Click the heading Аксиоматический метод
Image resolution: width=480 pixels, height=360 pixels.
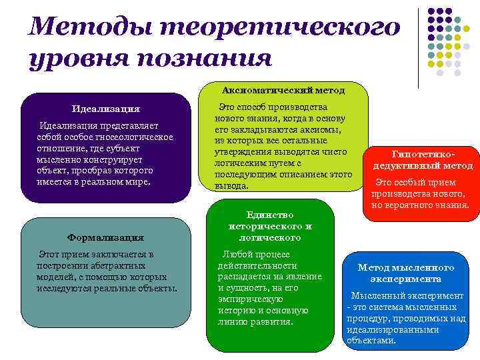click(283, 89)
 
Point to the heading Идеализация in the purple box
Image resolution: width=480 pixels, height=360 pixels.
click(105, 109)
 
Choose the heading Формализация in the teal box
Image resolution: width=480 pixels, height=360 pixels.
click(105, 237)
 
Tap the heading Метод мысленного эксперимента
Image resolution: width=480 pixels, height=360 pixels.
click(405, 273)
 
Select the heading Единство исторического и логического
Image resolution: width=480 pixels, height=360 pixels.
click(269, 226)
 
